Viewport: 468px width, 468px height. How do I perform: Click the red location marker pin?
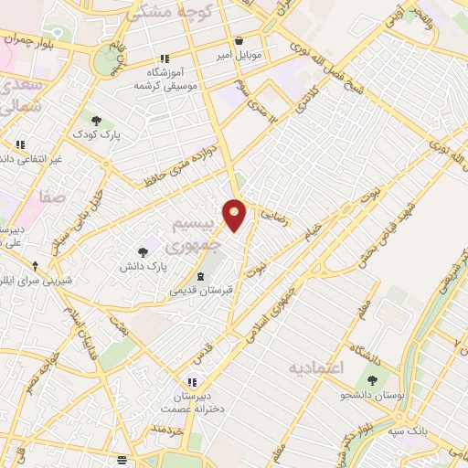(235, 214)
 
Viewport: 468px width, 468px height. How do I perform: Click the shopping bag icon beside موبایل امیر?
(239, 40)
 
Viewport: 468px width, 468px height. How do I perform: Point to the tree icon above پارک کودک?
(97, 120)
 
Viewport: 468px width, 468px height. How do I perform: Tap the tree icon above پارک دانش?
(144, 251)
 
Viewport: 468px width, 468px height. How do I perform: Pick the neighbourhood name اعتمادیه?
(315, 368)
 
